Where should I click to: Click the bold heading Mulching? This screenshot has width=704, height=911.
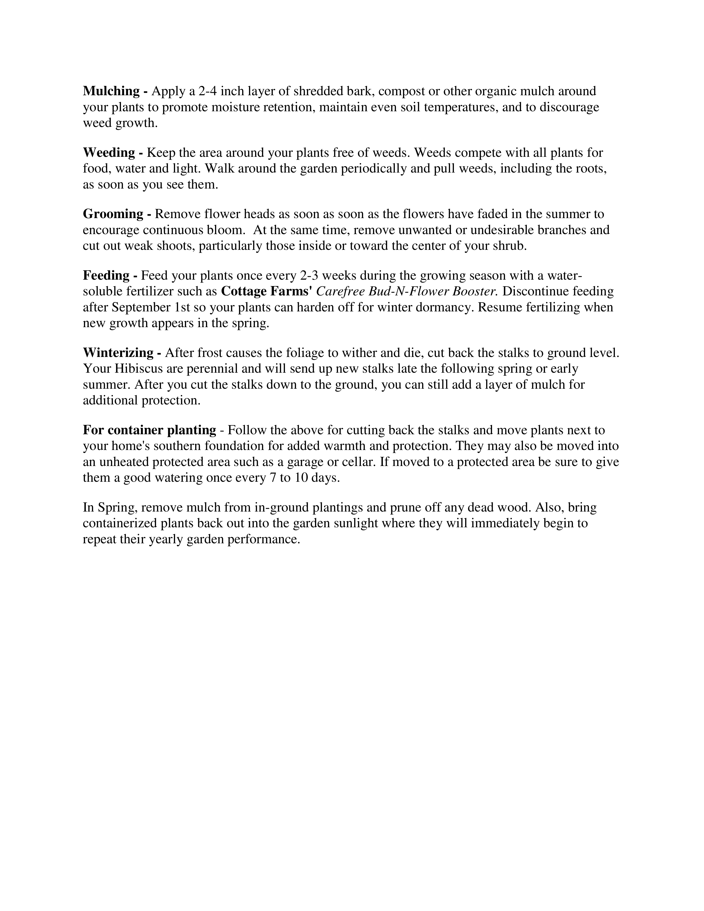click(x=111, y=91)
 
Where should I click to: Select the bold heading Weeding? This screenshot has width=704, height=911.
click(x=109, y=153)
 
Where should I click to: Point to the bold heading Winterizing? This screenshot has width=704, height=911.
click(x=118, y=353)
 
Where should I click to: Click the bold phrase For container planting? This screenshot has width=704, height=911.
click(x=149, y=430)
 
